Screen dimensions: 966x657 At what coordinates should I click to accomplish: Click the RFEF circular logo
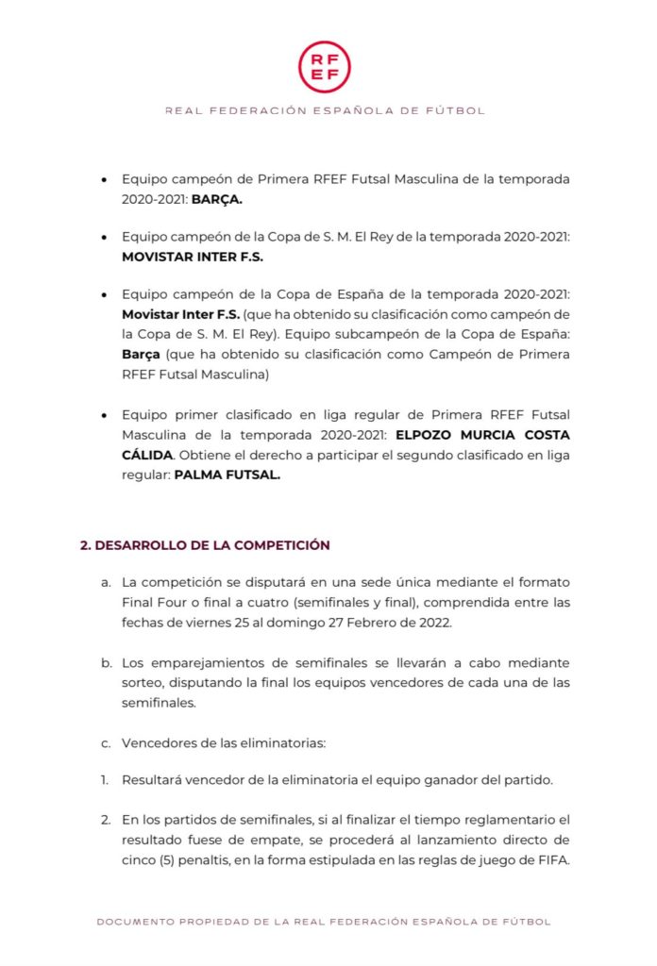click(325, 66)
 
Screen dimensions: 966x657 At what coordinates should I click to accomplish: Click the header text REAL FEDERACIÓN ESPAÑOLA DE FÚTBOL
click(325, 110)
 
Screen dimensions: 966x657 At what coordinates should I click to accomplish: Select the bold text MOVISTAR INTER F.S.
click(193, 256)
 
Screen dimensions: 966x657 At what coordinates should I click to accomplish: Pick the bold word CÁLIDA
click(147, 456)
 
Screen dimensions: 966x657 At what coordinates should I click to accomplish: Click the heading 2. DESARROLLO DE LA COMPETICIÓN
click(205, 545)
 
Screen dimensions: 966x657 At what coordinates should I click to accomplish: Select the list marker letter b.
click(106, 663)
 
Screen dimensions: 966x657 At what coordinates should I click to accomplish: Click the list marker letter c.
click(106, 742)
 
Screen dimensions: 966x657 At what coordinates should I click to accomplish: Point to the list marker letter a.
click(106, 581)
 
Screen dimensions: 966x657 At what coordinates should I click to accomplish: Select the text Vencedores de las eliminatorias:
click(224, 742)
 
